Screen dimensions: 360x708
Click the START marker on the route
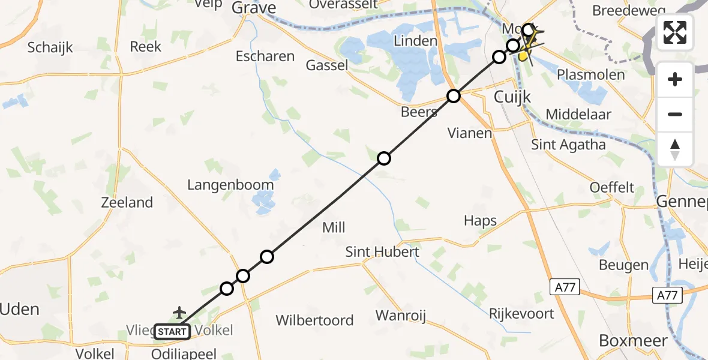(x=172, y=331)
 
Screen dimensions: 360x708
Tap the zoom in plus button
(x=675, y=79)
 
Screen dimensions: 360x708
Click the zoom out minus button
(x=675, y=114)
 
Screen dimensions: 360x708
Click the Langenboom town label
(x=230, y=185)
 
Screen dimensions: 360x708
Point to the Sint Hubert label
(x=382, y=252)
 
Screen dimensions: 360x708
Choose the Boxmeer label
(x=633, y=341)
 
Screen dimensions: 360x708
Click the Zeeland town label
(x=127, y=203)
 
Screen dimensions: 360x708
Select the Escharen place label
(x=265, y=56)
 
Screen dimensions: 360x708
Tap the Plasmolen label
(x=590, y=75)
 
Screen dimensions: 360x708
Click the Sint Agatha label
(x=568, y=145)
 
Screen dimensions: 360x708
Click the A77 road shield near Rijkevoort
(x=565, y=288)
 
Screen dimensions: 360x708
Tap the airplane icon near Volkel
(x=179, y=312)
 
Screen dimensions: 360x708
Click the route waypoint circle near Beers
(x=454, y=96)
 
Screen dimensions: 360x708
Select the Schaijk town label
(x=50, y=47)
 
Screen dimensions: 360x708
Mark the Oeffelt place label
(x=612, y=187)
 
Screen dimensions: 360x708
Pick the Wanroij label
(x=401, y=315)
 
